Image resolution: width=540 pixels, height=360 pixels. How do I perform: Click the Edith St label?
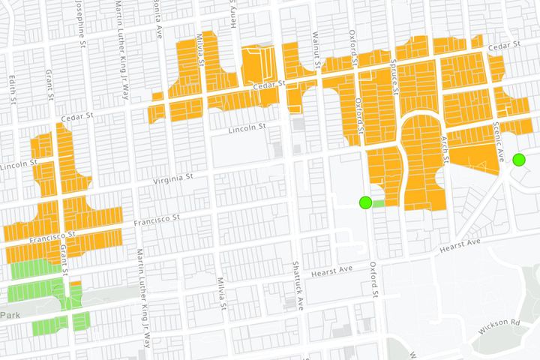click(13, 86)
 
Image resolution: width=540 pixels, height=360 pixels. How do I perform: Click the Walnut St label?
click(318, 55)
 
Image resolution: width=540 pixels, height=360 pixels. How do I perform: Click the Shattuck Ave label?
click(299, 291)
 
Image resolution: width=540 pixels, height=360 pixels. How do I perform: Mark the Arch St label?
click(444, 149)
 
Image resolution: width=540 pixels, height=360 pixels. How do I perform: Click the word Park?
click(9, 316)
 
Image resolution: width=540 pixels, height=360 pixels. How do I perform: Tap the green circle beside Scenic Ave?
click(518, 159)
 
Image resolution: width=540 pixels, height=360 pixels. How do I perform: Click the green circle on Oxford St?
click(365, 202)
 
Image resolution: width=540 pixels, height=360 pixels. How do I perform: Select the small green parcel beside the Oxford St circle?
click(379, 202)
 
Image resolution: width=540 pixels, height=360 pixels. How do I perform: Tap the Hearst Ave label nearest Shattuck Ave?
click(334, 268)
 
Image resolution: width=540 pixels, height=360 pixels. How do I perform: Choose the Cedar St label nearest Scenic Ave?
click(504, 46)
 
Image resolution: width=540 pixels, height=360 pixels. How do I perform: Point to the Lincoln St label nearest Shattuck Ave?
click(247, 128)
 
